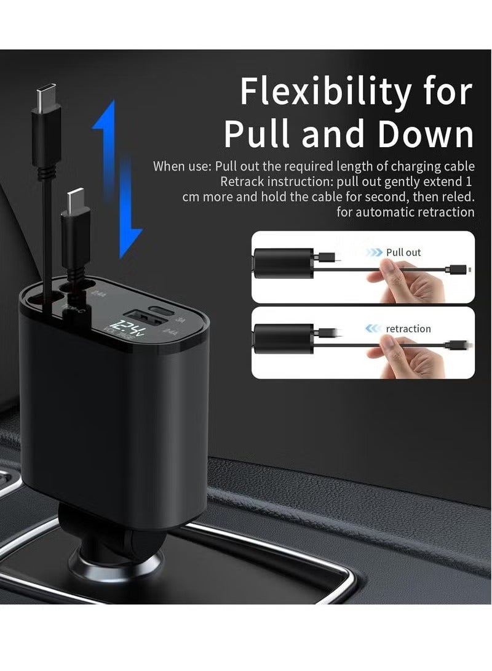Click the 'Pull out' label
(403, 252)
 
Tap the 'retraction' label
(408, 329)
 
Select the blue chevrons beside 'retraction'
(373, 329)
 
